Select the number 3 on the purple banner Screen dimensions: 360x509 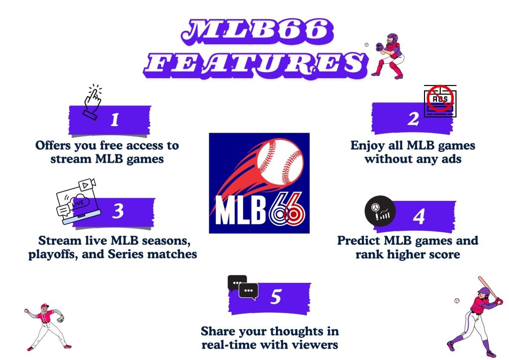pos(118,211)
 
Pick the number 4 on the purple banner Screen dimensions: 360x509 pos(419,216)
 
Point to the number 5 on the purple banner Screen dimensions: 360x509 pos(276,296)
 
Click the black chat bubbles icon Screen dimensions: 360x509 pos(243,287)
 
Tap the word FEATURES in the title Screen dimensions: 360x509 pos(255,63)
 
